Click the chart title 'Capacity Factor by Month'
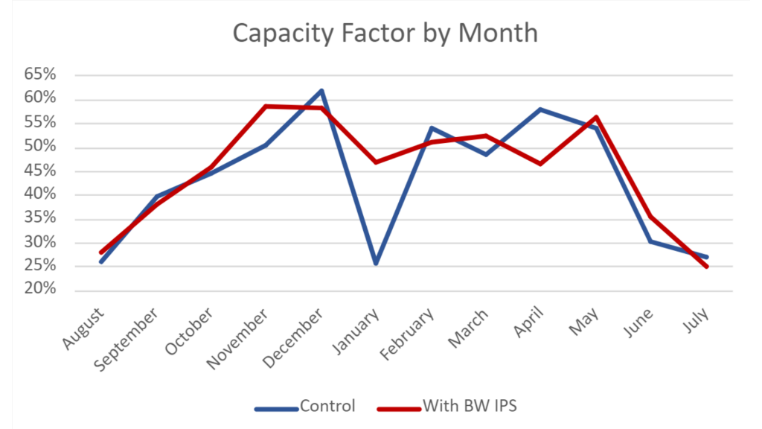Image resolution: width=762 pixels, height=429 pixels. click(x=385, y=33)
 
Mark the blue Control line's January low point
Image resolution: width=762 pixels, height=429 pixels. click(x=376, y=264)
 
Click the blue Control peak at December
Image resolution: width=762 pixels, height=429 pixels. click(x=321, y=91)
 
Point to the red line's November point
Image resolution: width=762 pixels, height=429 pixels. click(x=266, y=107)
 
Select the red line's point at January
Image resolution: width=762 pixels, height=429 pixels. click(x=376, y=162)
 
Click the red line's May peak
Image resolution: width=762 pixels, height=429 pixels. click(x=596, y=117)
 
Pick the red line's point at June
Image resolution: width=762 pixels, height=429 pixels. click(x=651, y=216)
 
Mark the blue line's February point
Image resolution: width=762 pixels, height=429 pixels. click(x=431, y=128)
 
